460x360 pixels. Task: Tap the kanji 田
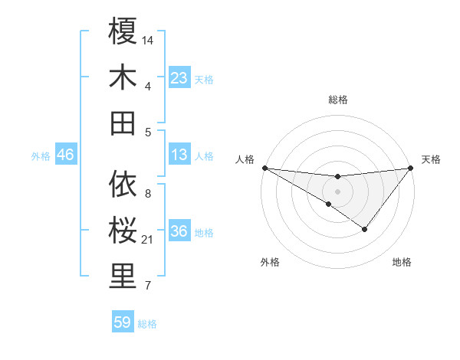(x=123, y=123)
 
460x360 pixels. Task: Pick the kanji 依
(x=123, y=185)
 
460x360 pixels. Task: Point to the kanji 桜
(x=123, y=231)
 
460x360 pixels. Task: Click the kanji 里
(x=123, y=277)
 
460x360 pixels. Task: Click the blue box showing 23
(x=179, y=78)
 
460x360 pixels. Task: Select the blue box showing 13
(x=179, y=155)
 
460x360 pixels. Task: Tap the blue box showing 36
(x=179, y=232)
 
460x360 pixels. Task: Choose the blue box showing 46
(x=66, y=155)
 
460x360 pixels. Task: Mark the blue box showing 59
(x=123, y=322)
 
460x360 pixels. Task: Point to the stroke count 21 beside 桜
(x=148, y=240)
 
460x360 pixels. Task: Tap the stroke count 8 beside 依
(x=148, y=193)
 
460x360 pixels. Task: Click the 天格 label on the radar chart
(x=431, y=159)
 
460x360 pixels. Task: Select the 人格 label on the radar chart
(x=245, y=159)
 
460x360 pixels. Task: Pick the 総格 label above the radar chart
(x=337, y=100)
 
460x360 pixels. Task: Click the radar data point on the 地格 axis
(x=365, y=229)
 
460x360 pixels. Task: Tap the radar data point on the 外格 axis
(x=329, y=205)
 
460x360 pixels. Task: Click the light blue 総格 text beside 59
(x=147, y=324)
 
